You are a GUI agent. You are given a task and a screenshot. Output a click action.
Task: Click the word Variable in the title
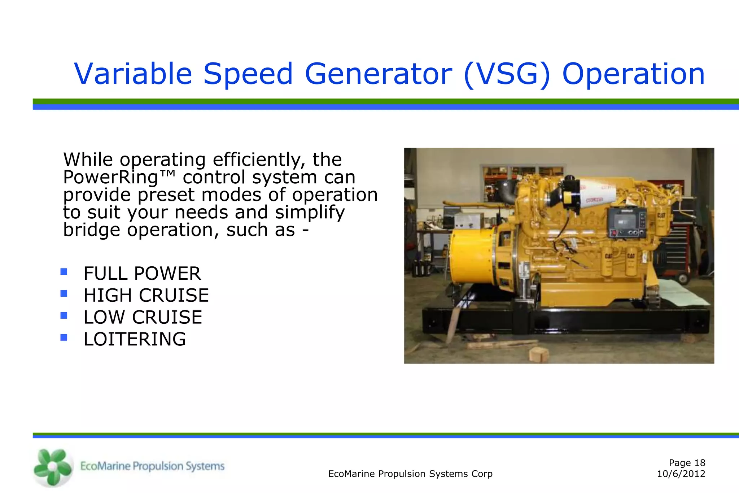[132, 74]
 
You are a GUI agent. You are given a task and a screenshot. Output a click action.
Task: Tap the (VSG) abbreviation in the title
[507, 74]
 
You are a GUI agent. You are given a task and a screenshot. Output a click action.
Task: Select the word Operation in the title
[633, 74]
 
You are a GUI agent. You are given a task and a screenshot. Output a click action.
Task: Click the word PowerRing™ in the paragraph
[119, 177]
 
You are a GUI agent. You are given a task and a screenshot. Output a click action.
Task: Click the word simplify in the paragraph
[310, 212]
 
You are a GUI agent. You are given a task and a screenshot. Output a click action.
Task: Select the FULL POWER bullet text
[142, 274]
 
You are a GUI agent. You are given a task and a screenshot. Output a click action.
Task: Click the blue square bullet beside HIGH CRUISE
[64, 293]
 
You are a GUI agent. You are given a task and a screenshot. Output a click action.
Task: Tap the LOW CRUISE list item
[143, 317]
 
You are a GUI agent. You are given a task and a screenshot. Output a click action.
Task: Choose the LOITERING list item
[135, 339]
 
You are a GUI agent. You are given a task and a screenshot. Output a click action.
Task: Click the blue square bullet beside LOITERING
[64, 337]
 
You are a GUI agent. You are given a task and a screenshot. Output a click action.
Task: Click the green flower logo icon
[53, 467]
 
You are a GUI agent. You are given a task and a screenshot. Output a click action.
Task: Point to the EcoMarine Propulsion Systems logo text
[152, 466]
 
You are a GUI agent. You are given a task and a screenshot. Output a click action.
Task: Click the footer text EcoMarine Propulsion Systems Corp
[410, 474]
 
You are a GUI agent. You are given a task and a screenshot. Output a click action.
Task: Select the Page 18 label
[687, 463]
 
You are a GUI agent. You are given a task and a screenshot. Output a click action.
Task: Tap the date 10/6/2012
[681, 474]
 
